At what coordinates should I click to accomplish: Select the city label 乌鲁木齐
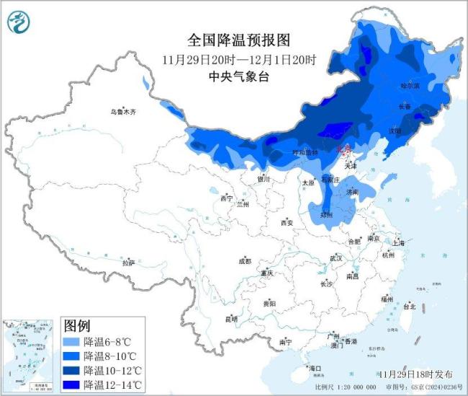pyautogui.click(x=123, y=113)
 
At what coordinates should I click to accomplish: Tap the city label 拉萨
pyautogui.click(x=129, y=263)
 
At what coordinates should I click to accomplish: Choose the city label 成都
pyautogui.click(x=246, y=261)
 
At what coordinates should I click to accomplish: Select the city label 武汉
pyautogui.click(x=336, y=258)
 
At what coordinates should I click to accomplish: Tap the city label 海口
pyautogui.click(x=315, y=369)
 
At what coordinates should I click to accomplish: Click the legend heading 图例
pyautogui.click(x=78, y=326)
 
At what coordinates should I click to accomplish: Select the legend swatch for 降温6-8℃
pyautogui.click(x=71, y=342)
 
